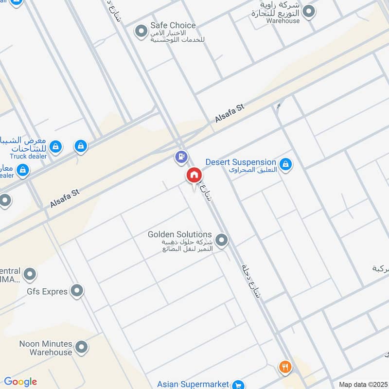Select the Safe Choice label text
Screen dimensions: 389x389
173,25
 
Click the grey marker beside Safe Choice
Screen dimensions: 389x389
141,32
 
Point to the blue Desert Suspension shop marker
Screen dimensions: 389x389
286,165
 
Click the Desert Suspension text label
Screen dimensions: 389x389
241,162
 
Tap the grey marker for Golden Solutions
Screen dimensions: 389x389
222,240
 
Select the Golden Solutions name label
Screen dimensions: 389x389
180,235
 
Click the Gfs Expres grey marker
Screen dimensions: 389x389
77,291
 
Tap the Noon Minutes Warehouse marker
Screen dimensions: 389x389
82,347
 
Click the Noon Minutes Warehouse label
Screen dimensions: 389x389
46,348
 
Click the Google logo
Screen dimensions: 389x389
20,382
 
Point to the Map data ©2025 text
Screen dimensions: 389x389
363,384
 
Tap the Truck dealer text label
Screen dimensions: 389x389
28,156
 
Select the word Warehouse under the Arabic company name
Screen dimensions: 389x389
283,21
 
